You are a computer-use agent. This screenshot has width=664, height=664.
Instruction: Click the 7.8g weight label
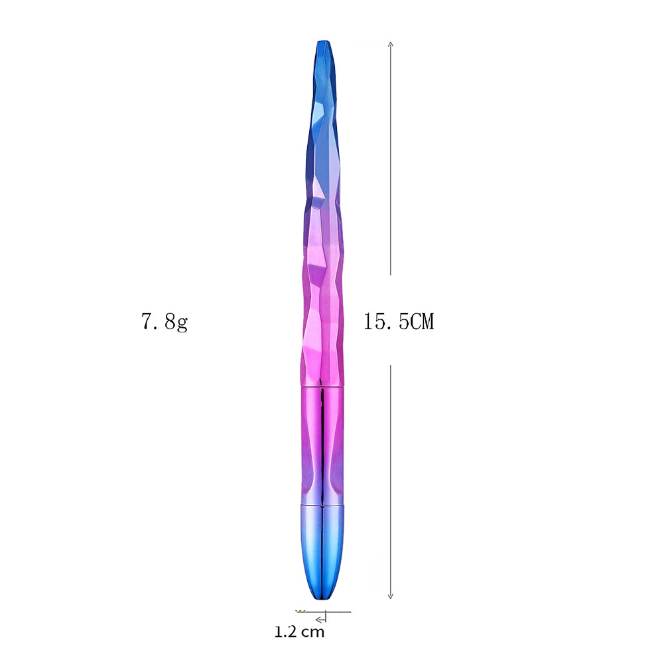pos(164,322)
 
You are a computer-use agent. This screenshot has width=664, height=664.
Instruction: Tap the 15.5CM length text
pos(398,322)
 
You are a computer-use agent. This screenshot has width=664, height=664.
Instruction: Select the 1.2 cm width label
pos(300,631)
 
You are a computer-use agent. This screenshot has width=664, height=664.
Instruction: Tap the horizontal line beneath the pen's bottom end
pos(335,611)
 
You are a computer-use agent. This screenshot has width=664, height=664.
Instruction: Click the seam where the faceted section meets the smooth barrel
pos(322,385)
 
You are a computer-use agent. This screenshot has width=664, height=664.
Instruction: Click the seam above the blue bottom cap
pos(322,504)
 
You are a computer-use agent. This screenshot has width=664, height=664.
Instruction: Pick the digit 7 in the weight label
pos(147,322)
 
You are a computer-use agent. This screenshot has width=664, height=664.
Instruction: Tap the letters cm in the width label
pos(313,631)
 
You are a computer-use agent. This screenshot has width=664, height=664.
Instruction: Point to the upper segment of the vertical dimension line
pos(391,159)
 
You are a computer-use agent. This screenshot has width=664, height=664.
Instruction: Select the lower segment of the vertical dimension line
pos(391,478)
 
